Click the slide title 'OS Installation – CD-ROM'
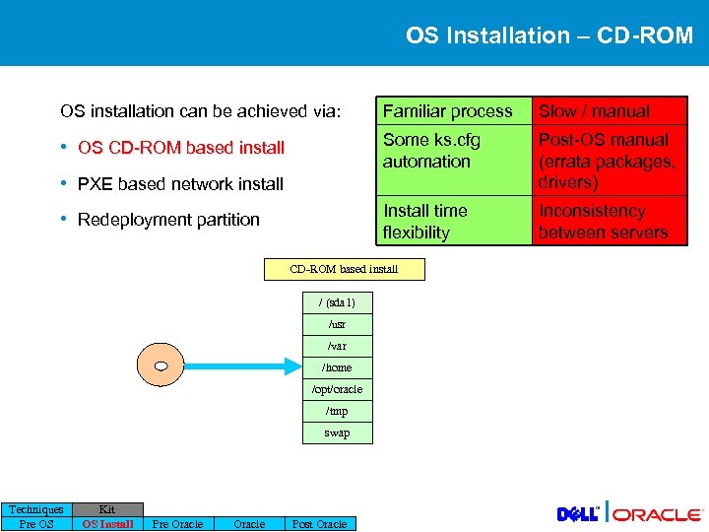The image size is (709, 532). [548, 35]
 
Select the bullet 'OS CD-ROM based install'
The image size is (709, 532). [180, 148]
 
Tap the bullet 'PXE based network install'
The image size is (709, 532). [180, 183]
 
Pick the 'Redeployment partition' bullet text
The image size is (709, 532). [168, 219]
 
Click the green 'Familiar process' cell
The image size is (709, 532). [448, 111]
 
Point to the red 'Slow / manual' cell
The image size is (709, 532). [608, 111]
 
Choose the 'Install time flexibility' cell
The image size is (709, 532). [448, 221]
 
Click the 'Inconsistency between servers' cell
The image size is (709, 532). [608, 221]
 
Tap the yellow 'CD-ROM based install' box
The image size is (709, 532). [344, 269]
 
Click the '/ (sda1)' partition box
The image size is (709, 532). [337, 301]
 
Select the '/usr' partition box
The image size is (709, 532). [337, 323]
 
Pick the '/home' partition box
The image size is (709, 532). [337, 366]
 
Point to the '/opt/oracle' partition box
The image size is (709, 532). [337, 388]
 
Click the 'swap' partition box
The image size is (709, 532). [337, 432]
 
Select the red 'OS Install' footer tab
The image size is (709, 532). [107, 523]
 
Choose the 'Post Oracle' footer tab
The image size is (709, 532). [320, 523]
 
